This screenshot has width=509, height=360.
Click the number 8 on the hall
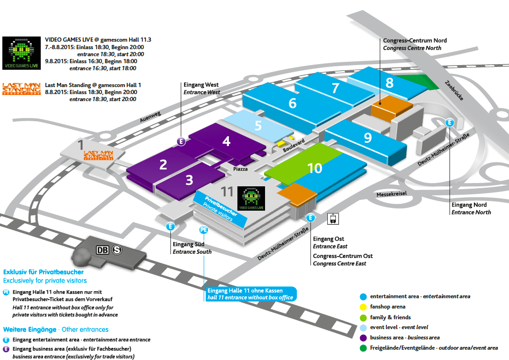tap(390, 83)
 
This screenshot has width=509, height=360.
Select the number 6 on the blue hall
tap(293, 103)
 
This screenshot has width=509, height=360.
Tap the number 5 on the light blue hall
tap(258, 125)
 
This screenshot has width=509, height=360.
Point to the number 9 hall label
tap(368, 138)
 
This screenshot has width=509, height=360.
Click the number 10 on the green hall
tap(315, 168)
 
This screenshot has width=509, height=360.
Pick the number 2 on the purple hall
tap(163, 165)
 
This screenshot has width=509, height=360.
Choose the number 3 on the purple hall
tap(189, 180)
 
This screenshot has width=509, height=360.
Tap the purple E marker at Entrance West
tap(181, 141)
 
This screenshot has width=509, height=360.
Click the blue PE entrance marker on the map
tap(204, 230)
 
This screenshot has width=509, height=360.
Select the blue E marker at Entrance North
tap(450, 122)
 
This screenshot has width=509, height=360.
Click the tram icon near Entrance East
tap(333, 219)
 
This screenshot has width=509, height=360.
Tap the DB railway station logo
tap(103, 250)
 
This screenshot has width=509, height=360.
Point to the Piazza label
tap(240, 169)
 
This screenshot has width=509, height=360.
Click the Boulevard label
tap(294, 145)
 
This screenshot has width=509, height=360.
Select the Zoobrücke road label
tap(454, 90)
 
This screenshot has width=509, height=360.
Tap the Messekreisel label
tap(391, 194)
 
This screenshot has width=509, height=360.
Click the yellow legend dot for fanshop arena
tap(363, 307)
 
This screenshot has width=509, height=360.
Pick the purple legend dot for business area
tap(363, 338)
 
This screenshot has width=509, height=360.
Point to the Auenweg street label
tap(150, 117)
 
